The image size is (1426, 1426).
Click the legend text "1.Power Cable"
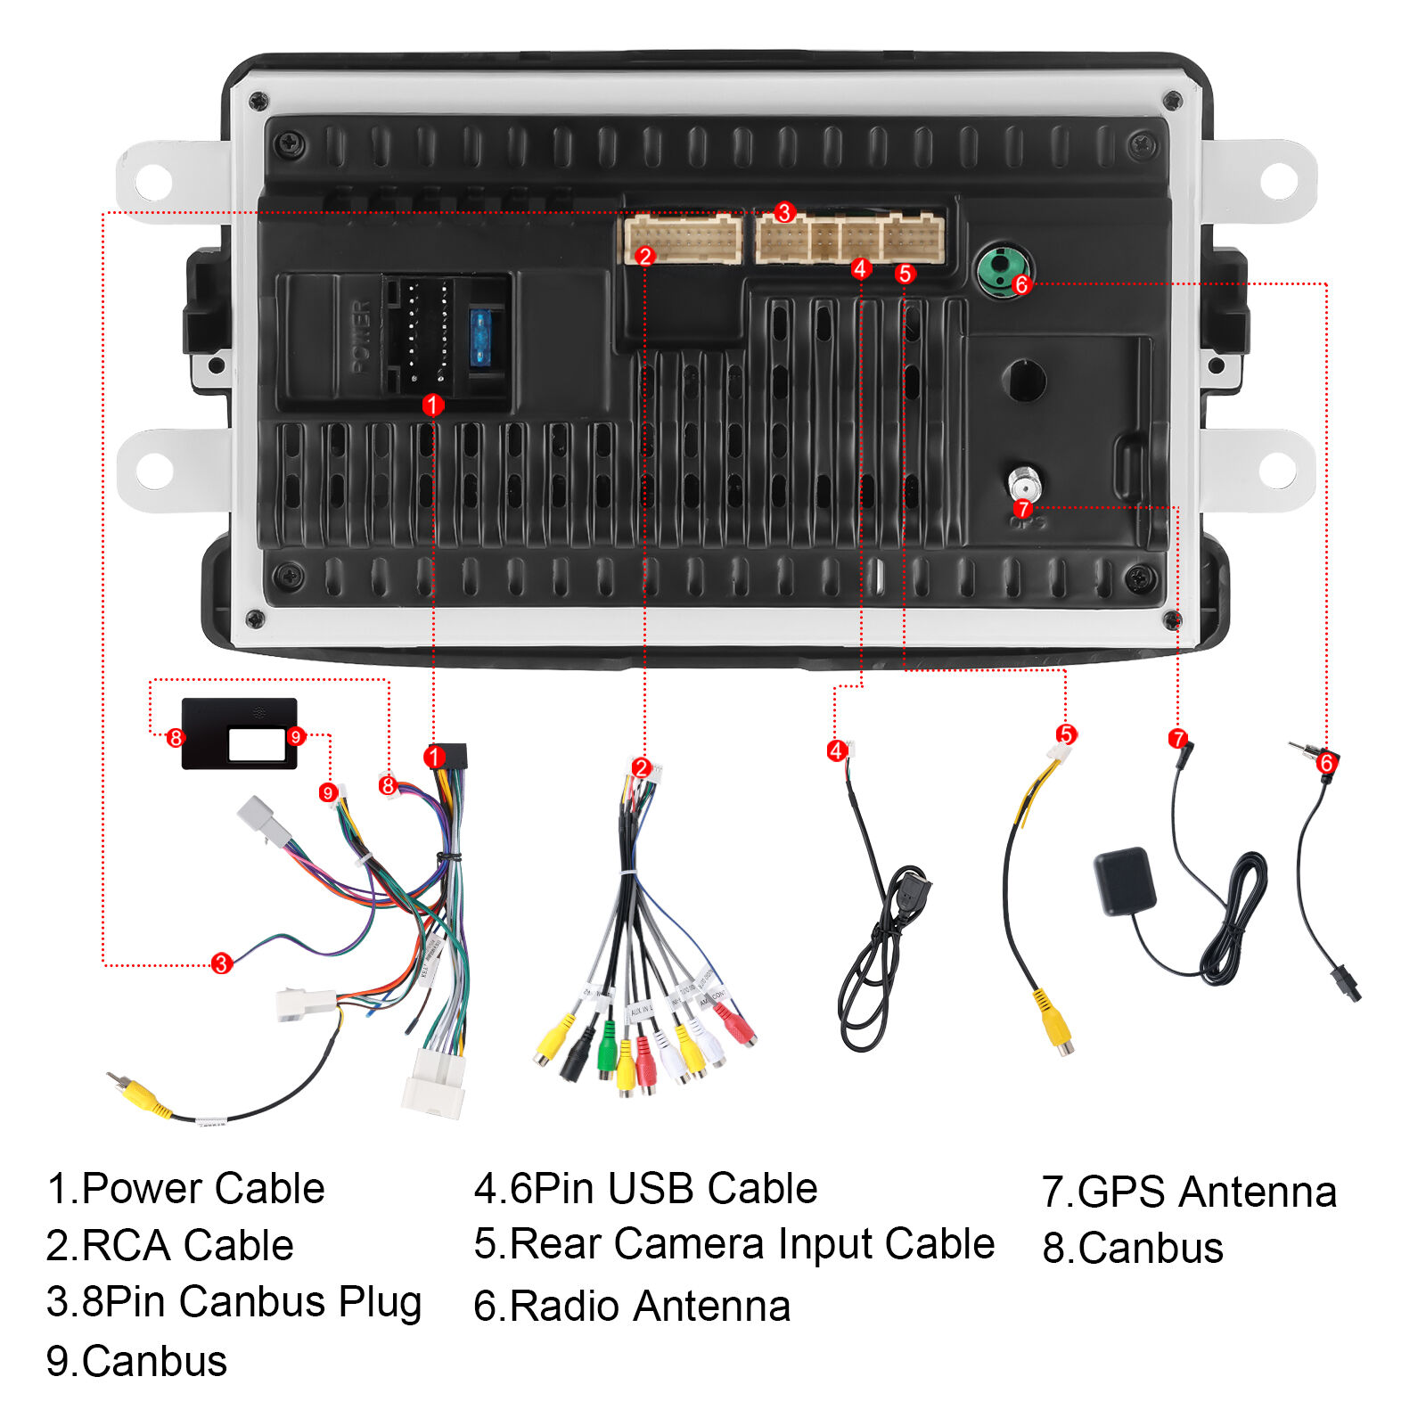[x=185, y=1188]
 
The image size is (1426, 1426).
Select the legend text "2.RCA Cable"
[x=169, y=1245]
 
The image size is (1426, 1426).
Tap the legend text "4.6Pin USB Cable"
[x=645, y=1188]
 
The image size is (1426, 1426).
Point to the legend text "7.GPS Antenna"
[x=1189, y=1192]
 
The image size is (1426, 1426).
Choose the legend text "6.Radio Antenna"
[x=632, y=1306]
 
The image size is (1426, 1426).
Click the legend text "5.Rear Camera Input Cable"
[x=733, y=1243]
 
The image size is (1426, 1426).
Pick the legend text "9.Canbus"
[x=136, y=1361]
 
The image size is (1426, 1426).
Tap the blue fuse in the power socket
[x=480, y=338]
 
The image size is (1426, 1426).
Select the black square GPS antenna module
[x=1125, y=881]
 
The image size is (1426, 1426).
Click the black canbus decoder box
[x=239, y=733]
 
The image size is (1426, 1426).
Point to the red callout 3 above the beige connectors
[x=784, y=212]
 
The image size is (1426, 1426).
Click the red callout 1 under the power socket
[x=433, y=406]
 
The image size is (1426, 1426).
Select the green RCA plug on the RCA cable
[x=607, y=1044]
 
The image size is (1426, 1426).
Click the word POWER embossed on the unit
[x=361, y=338]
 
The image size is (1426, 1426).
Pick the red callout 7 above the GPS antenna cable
[x=1178, y=738]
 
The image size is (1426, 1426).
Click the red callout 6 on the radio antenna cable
[x=1326, y=763]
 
